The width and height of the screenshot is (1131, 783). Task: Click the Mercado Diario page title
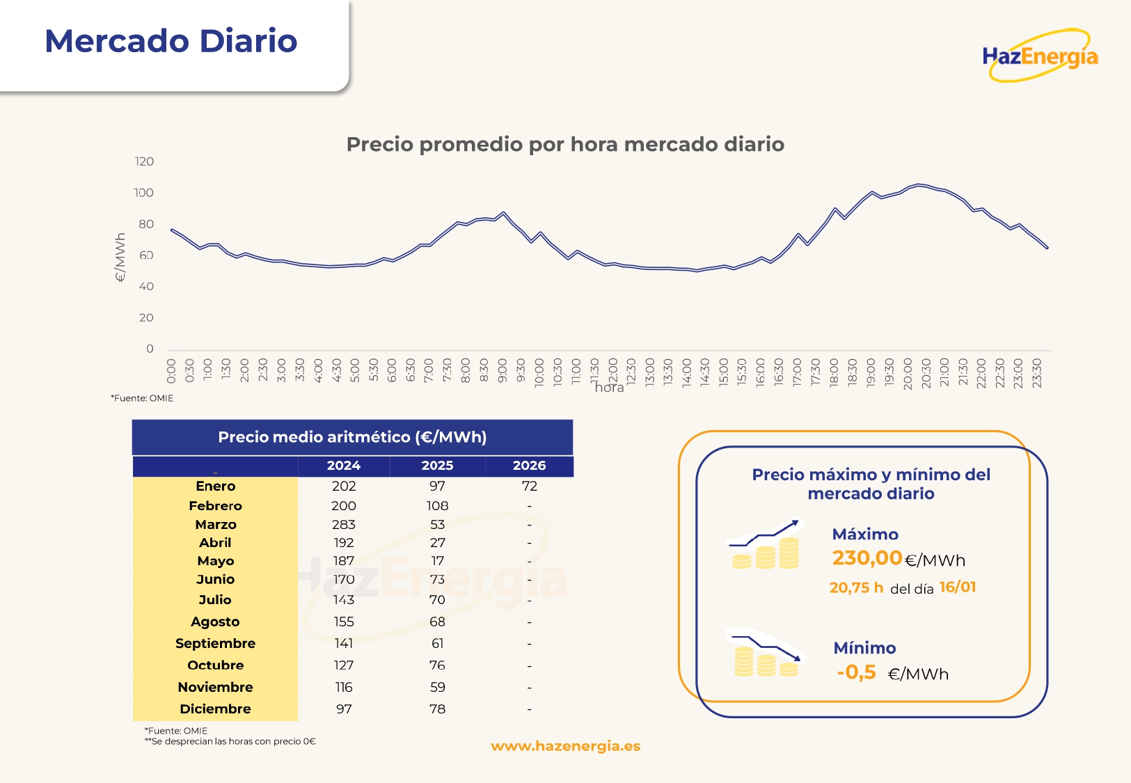tap(171, 41)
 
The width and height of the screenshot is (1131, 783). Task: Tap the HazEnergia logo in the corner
tap(1040, 56)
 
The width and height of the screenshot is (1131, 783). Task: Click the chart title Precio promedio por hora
tap(565, 144)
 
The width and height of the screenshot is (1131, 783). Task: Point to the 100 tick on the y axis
tap(143, 193)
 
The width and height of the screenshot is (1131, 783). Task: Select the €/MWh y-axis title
tap(120, 258)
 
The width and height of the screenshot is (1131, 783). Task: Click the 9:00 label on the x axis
tap(503, 371)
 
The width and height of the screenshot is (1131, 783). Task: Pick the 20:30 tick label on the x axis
tap(926, 373)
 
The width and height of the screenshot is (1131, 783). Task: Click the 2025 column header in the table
tap(437, 466)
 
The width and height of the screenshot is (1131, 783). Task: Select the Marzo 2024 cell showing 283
tap(343, 524)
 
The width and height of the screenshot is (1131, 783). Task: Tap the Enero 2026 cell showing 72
tap(529, 486)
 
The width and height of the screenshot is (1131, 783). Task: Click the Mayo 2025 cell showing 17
tap(437, 560)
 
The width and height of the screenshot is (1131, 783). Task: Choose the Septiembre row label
tap(215, 643)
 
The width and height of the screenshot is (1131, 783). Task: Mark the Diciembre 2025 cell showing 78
tap(437, 709)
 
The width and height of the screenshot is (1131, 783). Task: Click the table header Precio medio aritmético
tap(352, 437)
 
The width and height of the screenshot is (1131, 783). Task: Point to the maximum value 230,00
tap(867, 558)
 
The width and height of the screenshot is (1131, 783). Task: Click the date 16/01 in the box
tap(958, 587)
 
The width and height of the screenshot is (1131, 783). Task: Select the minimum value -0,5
tap(856, 672)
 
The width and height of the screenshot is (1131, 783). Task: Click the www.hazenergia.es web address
tap(565, 746)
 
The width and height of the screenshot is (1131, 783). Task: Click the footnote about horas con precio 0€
tap(230, 741)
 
